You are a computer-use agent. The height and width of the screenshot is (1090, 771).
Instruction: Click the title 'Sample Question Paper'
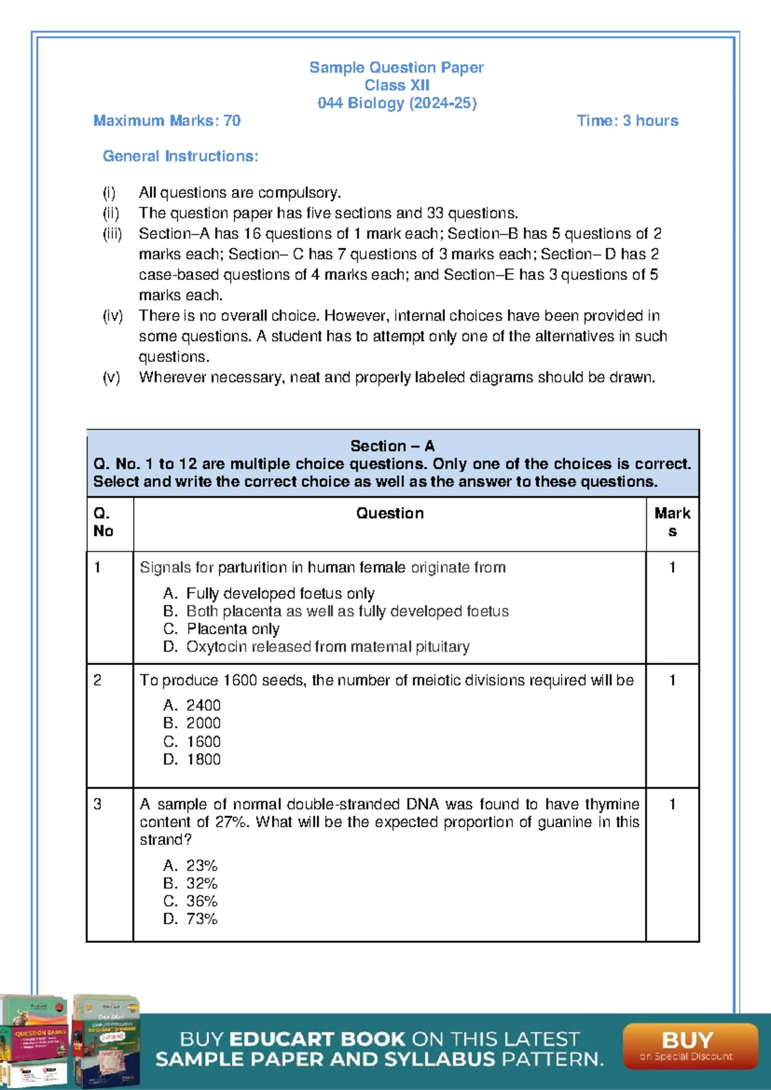tap(396, 67)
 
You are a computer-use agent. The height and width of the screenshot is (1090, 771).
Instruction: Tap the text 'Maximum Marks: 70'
tap(167, 121)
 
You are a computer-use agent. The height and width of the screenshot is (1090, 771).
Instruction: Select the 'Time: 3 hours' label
tap(627, 121)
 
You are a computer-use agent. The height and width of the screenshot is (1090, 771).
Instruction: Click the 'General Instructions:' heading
tap(181, 156)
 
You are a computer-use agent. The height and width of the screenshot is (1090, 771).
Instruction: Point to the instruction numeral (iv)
tap(112, 316)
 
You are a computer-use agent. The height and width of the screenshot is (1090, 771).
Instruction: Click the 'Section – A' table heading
tap(392, 445)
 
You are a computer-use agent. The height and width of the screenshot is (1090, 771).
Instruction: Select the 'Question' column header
tap(390, 513)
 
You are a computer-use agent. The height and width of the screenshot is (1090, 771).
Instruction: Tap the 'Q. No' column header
tap(103, 522)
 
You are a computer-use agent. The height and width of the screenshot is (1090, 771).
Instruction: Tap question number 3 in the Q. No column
tap(98, 804)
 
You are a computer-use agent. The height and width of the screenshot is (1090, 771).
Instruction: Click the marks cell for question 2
tap(672, 680)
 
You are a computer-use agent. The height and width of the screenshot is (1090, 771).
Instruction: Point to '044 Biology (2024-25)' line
tap(396, 103)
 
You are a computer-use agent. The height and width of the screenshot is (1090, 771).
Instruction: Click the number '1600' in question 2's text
tap(240, 680)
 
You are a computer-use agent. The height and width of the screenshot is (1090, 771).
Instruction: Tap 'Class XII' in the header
tap(396, 85)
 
